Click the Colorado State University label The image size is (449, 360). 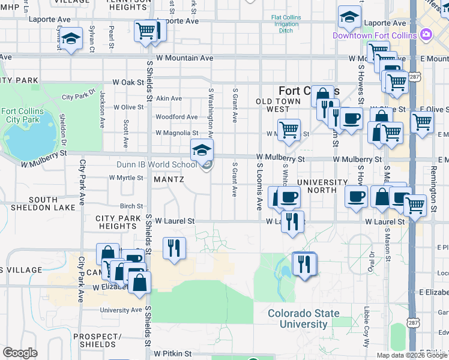(x=303, y=319)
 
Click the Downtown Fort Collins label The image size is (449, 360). (x=375, y=35)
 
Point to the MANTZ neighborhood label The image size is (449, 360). (x=169, y=179)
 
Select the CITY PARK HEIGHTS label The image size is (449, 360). (x=118, y=221)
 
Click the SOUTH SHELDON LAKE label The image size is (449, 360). (x=51, y=204)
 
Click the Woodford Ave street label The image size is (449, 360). (x=176, y=117)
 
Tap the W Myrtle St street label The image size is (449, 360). (x=126, y=178)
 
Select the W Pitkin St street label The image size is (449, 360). (x=172, y=354)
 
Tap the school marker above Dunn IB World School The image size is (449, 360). (x=202, y=149)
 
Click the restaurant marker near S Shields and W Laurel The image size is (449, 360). (x=174, y=247)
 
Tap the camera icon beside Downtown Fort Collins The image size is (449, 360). (x=426, y=35)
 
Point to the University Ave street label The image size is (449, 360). (x=121, y=310)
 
